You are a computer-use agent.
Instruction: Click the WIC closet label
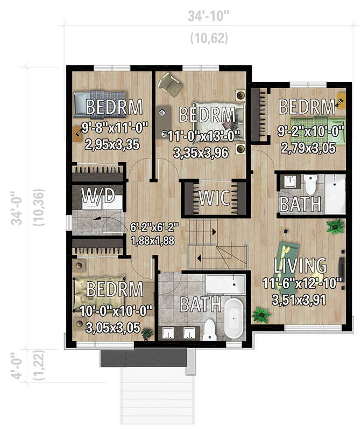coord(215,198)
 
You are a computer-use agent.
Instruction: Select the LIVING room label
coord(300,266)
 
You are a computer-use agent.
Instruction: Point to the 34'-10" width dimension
coord(209,16)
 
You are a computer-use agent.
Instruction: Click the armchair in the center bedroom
coord(171,84)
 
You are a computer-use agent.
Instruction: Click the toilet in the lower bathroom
coord(210,329)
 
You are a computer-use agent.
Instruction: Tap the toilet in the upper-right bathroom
coord(311,184)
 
